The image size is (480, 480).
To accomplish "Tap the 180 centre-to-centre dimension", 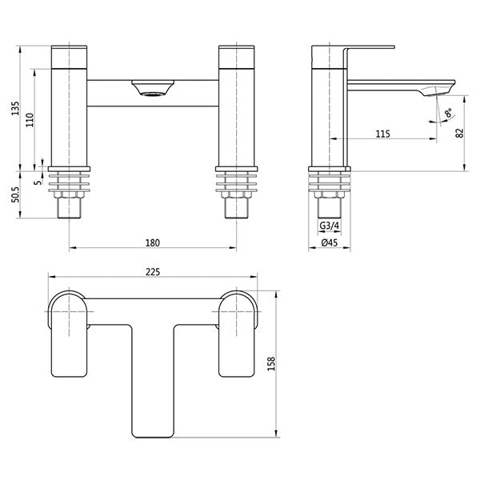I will click(x=153, y=242).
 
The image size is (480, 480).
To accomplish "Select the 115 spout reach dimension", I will click(x=382, y=134).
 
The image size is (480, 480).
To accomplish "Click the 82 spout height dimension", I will click(x=458, y=134).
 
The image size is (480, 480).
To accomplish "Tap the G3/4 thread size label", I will click(x=330, y=229).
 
